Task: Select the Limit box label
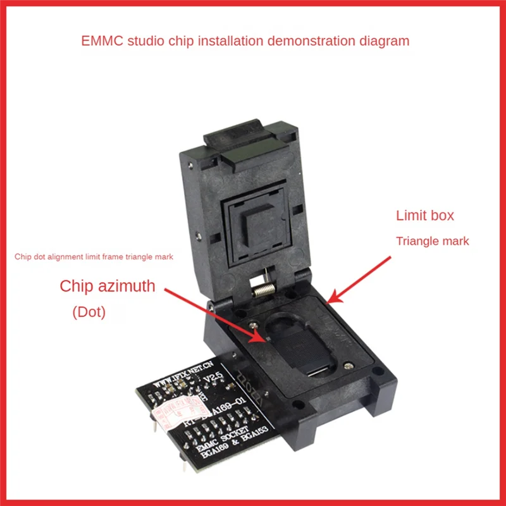(x=425, y=216)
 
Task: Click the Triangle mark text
(x=433, y=241)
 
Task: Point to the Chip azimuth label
(x=108, y=286)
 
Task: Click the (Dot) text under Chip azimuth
(x=89, y=312)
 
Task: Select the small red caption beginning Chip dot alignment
(x=94, y=257)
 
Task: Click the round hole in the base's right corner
(x=377, y=373)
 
